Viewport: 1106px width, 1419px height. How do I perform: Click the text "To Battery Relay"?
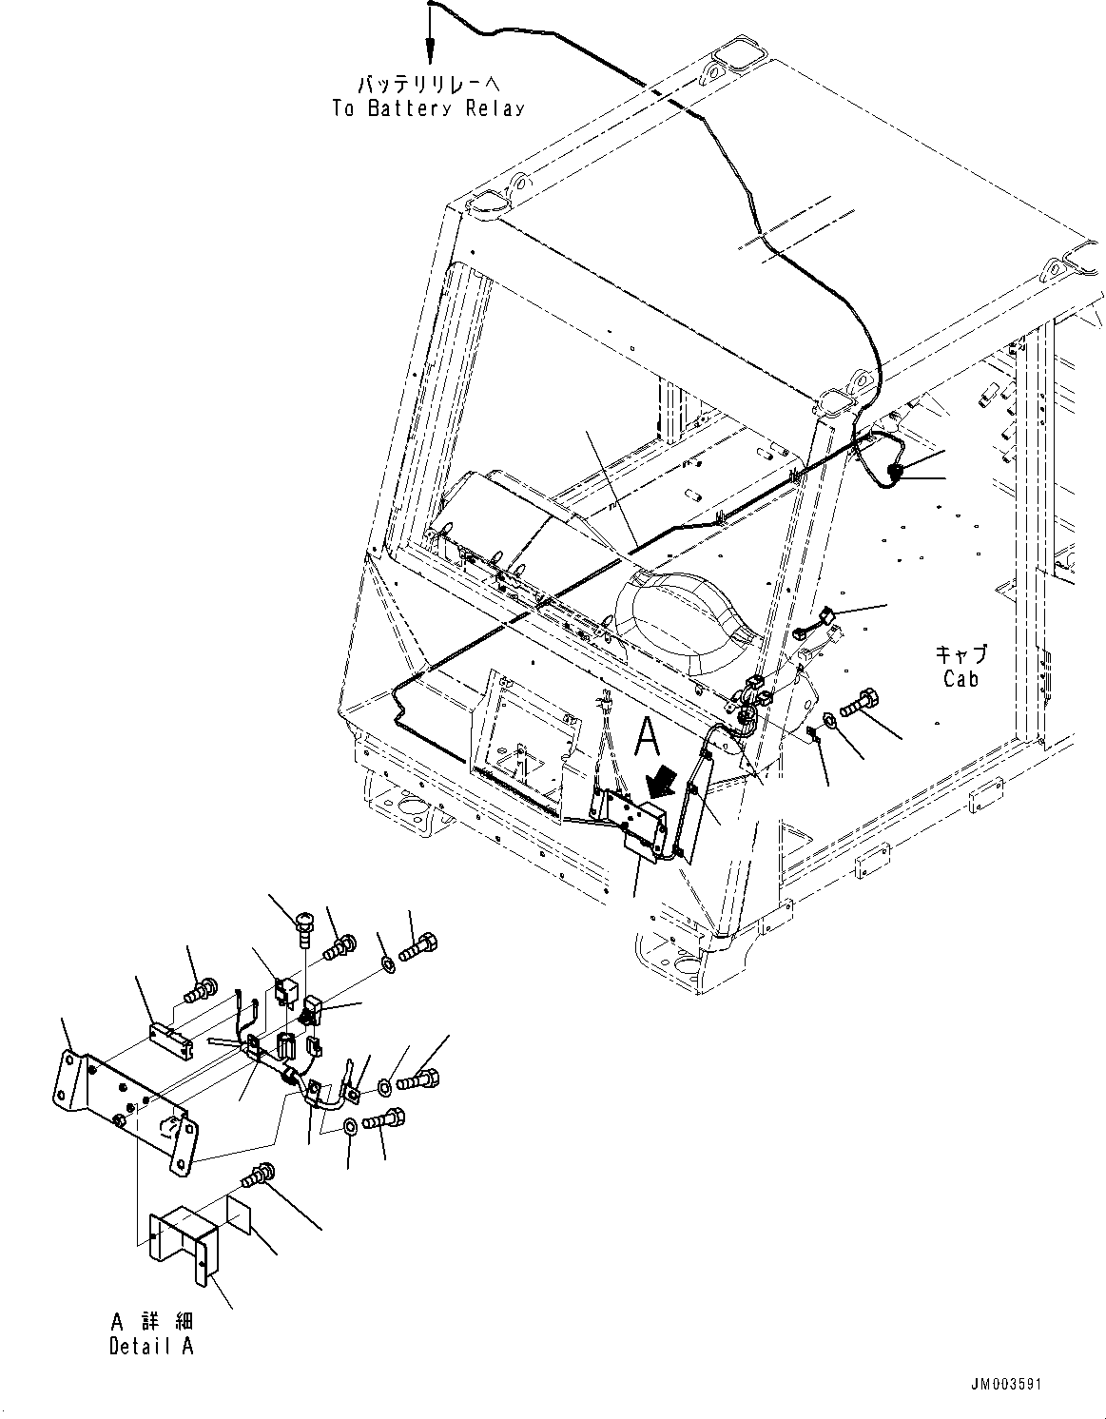(428, 107)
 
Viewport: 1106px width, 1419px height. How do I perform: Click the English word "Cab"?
(960, 679)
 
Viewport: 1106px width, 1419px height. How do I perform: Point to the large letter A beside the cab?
(647, 735)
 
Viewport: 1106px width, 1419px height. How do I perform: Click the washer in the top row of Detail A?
(388, 965)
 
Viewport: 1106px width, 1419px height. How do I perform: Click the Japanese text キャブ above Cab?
(960, 654)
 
